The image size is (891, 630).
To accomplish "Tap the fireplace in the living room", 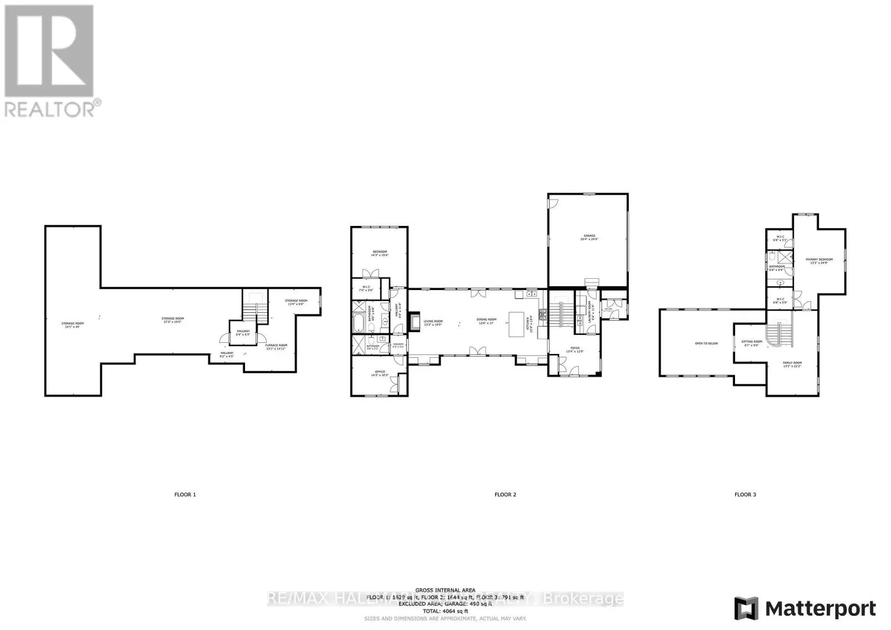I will (413, 322).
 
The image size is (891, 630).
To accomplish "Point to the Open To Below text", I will (706, 343).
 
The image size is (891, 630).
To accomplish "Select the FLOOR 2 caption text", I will (505, 494).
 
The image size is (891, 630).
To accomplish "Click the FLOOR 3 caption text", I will (745, 494).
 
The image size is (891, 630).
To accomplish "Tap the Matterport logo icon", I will (746, 608).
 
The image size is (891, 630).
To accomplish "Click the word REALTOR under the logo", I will (50, 109).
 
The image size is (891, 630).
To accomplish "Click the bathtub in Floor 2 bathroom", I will (359, 322).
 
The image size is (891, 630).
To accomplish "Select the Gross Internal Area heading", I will (445, 590).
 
